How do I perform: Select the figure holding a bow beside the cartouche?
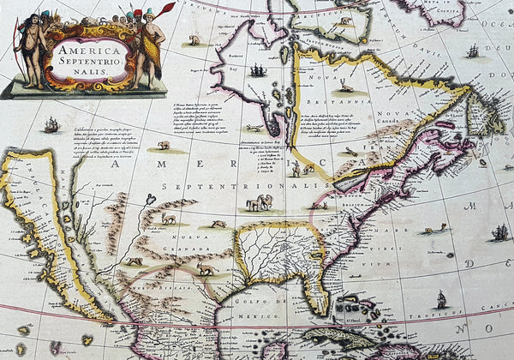[32, 52]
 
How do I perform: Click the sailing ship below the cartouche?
[51, 125]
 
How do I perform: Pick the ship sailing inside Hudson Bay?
[257, 69]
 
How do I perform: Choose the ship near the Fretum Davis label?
[472, 51]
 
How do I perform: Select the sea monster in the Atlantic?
[436, 228]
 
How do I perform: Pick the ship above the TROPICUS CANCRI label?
[442, 299]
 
